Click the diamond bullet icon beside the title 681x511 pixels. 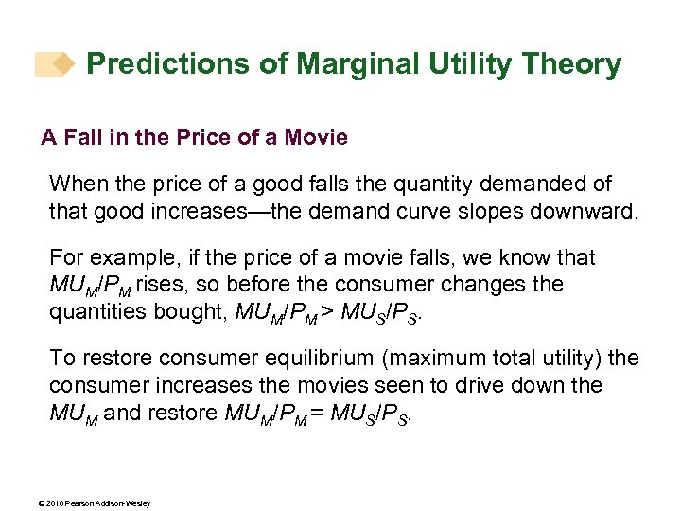pyautogui.click(x=63, y=64)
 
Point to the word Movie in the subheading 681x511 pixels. pyautogui.click(x=317, y=138)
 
